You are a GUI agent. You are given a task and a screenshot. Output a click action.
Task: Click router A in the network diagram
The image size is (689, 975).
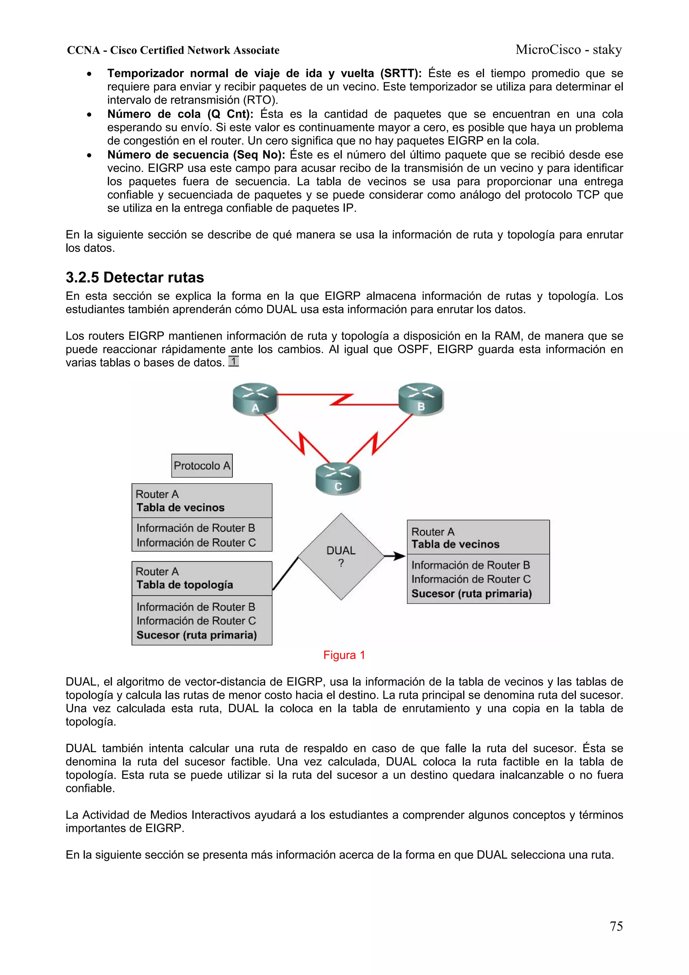click(255, 399)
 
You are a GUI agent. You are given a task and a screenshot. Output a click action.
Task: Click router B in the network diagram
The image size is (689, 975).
click(421, 398)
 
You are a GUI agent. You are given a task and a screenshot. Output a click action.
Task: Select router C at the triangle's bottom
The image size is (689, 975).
click(338, 478)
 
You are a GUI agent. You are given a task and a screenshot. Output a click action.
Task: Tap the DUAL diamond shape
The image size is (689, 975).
click(341, 556)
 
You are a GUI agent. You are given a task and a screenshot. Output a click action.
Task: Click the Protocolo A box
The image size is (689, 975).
click(202, 465)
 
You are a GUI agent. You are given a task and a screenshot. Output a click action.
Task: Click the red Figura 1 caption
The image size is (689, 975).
click(344, 655)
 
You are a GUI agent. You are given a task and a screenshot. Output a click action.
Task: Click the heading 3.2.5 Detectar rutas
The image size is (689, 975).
click(135, 277)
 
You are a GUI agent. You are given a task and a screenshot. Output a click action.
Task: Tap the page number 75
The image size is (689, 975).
click(616, 926)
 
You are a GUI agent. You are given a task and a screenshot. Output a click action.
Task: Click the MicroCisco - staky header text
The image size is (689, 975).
click(569, 50)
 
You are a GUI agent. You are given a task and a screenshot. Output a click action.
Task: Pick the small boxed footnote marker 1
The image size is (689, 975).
click(233, 361)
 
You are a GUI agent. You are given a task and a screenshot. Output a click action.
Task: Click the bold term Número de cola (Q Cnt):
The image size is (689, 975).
click(180, 114)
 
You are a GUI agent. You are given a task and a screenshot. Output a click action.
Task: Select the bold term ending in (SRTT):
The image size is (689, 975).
click(264, 73)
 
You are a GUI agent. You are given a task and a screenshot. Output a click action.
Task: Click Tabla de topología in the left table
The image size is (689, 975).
click(185, 585)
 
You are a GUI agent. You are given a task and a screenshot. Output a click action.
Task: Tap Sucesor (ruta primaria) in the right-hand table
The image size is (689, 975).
click(471, 593)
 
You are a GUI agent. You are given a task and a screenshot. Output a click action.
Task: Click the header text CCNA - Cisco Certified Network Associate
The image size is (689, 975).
click(173, 50)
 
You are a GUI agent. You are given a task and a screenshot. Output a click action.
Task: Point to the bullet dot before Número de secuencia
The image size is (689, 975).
click(89, 155)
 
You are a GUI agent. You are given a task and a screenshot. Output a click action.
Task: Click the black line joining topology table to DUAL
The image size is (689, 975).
click(285, 574)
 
